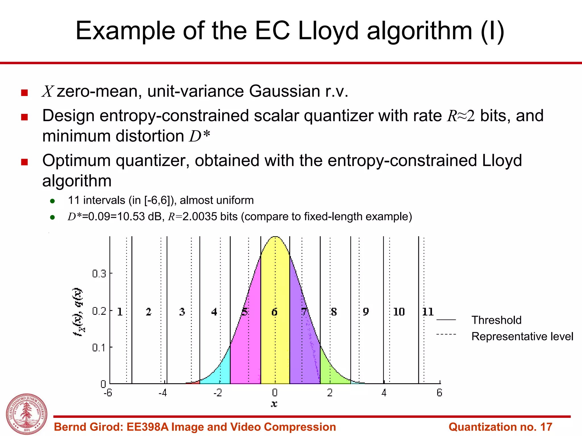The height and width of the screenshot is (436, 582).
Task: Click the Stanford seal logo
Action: coord(27,414)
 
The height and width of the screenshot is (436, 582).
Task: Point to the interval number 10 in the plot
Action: coord(399,312)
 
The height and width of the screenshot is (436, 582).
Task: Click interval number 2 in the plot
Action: coord(149,312)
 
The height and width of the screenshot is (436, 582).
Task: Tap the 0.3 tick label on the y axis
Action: coord(99,274)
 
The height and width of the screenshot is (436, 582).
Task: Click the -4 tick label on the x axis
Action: coord(163,393)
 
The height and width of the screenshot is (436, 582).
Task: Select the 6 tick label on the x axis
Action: coord(439,393)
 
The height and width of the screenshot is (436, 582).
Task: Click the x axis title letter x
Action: coord(274,404)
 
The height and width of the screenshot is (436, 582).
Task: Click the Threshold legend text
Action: coord(496,320)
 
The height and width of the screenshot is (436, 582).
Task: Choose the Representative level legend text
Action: coord(522,336)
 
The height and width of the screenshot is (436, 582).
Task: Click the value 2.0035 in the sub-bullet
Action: coord(200,217)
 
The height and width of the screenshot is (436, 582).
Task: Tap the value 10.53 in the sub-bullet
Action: coord(131,217)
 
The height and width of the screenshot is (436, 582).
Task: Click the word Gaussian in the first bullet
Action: coord(285,91)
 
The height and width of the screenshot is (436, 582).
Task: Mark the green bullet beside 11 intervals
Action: coord(52,201)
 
